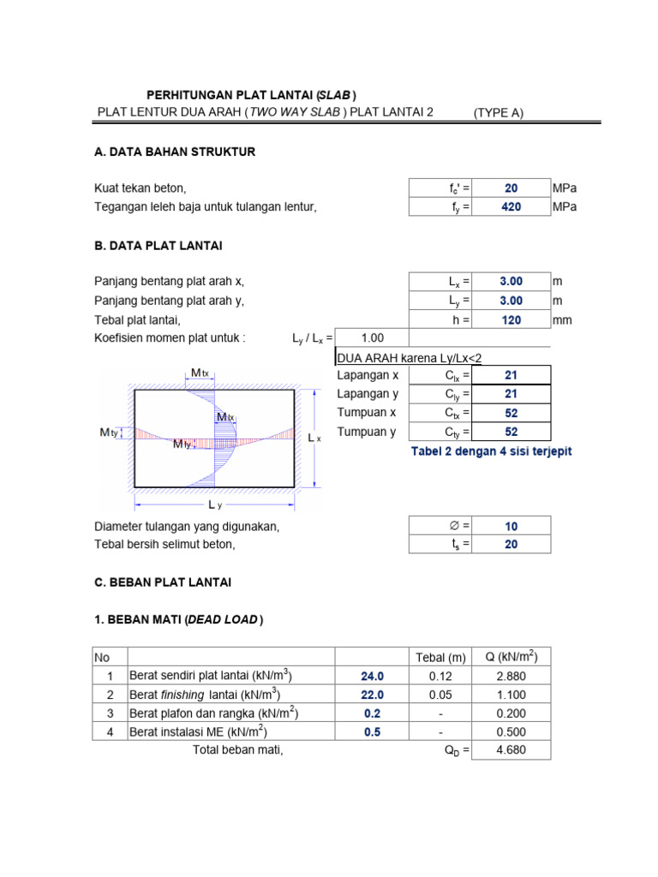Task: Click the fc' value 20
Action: (x=511, y=188)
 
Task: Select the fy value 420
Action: (x=511, y=206)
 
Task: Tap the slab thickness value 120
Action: (x=511, y=319)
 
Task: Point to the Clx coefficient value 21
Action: (x=511, y=375)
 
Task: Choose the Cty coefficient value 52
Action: (x=511, y=433)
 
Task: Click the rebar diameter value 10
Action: (x=511, y=526)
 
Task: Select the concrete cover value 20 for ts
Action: (x=511, y=545)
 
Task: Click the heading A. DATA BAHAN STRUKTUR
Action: (x=175, y=152)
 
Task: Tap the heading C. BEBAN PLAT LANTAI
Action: (x=163, y=582)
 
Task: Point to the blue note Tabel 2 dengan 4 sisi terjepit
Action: (x=492, y=451)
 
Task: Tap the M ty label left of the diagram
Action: (x=108, y=433)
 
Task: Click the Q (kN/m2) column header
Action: (x=511, y=657)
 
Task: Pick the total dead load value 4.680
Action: (x=511, y=750)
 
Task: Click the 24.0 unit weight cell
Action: (x=373, y=676)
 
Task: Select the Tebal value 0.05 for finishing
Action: (x=440, y=695)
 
